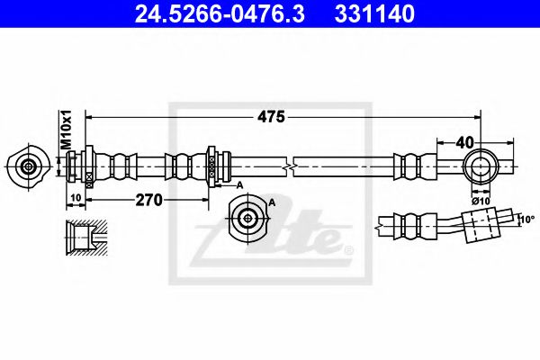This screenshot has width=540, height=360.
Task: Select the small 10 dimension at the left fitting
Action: [x=75, y=197]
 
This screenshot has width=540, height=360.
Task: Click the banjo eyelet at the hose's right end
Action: [x=482, y=166]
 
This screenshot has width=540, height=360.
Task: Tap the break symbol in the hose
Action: [x=287, y=166]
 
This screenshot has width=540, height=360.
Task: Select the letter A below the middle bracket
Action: [x=239, y=184]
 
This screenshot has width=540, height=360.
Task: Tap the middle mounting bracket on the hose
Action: [x=212, y=166]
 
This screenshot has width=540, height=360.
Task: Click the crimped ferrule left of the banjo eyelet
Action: [x=410, y=166]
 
